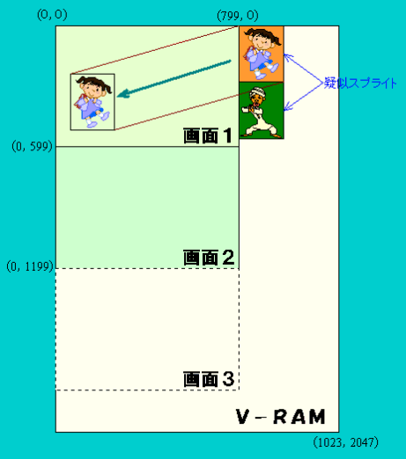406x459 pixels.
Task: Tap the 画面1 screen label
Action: coord(208,135)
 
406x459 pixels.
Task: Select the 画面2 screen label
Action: coord(209,258)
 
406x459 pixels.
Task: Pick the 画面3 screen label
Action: coord(209,379)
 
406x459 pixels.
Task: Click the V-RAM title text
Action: coord(281,417)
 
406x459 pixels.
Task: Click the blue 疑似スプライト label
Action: coord(360,83)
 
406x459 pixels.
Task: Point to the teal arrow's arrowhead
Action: coord(123,94)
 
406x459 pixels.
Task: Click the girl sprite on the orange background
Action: coord(262,54)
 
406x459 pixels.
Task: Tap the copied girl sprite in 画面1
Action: coord(92,102)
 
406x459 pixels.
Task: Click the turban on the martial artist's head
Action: coord(258,93)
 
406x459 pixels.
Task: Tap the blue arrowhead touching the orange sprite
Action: coord(288,56)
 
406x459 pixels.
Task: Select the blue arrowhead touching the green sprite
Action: coord(288,106)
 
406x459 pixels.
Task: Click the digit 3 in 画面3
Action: coord(228,379)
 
